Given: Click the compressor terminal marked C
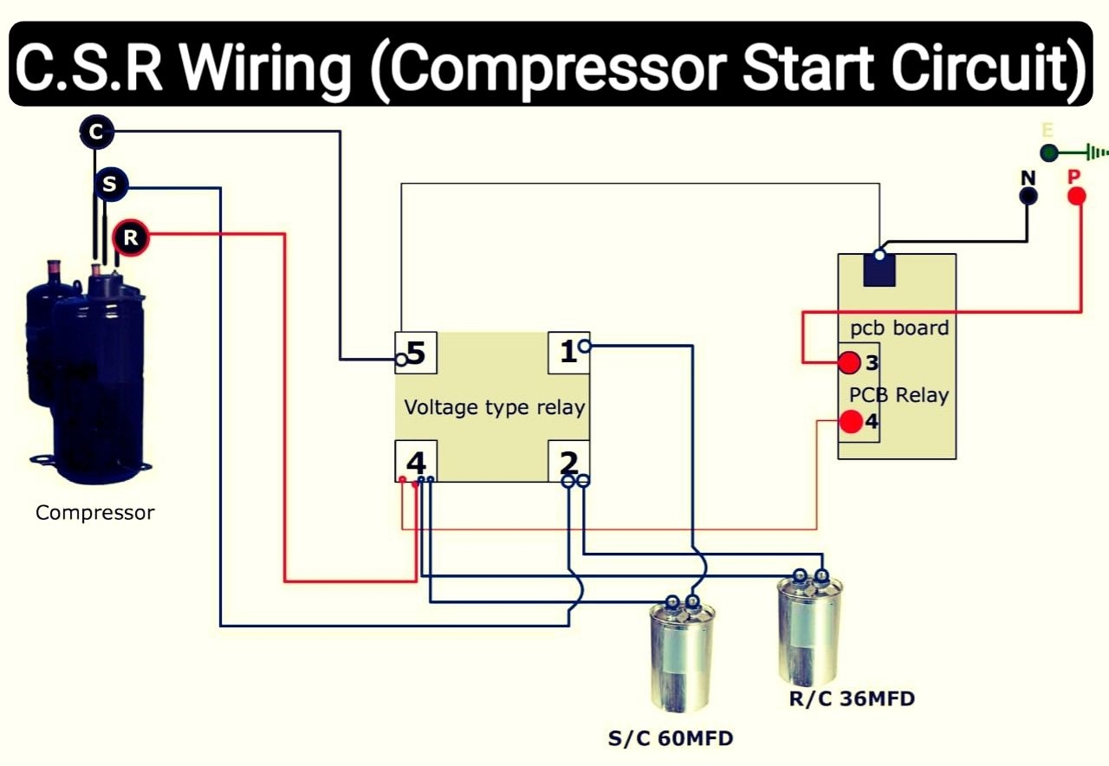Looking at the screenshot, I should coord(96,132).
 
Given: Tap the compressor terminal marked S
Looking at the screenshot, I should coord(110,185).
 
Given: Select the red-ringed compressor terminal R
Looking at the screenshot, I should coord(131,237).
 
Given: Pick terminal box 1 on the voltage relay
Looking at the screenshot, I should coord(568,352).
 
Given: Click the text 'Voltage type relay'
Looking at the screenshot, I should coord(494,407).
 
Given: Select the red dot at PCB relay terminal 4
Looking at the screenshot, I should coord(851,422).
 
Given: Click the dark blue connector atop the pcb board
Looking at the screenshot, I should coord(879,269).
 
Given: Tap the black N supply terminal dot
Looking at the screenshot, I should coord(1028,196).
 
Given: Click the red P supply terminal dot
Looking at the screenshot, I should coord(1075,196).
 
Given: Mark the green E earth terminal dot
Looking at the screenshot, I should coord(1049,153).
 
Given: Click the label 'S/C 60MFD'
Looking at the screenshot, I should coord(670,739).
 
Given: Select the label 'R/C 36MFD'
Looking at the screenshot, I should coord(852,698).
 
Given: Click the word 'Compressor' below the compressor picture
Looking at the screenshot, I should coord(95,513).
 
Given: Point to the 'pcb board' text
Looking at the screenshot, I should coord(899,329).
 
